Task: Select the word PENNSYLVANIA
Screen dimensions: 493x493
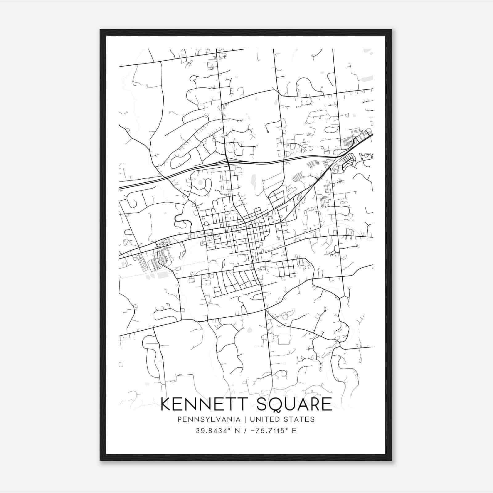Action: point(204,419)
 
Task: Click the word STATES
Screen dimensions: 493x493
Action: point(300,419)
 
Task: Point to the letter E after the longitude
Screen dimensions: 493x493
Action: point(294,431)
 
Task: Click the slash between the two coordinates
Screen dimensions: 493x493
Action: point(245,431)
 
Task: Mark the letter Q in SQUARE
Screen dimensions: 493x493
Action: point(275,405)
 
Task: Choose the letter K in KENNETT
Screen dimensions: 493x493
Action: point(166,404)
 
